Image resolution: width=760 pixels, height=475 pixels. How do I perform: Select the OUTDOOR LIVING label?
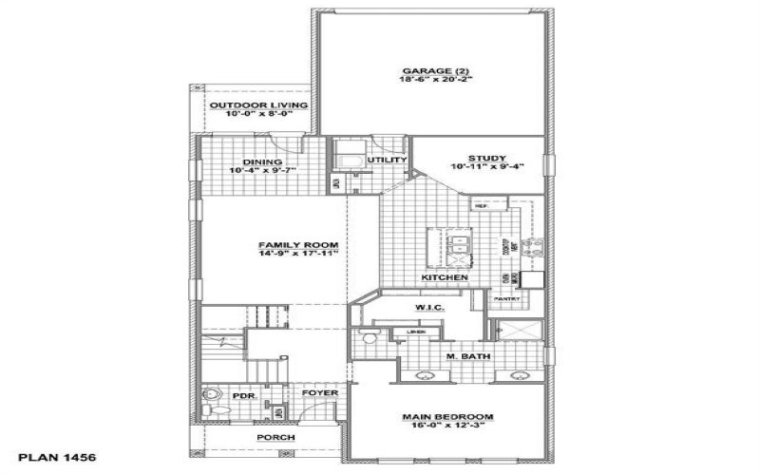point(246,104)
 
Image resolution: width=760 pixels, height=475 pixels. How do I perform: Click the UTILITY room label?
point(392,160)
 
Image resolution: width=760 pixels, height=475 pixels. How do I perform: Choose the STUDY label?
point(485,159)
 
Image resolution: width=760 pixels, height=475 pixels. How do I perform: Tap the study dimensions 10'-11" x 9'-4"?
point(485,168)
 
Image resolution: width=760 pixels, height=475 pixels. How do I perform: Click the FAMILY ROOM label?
point(298,245)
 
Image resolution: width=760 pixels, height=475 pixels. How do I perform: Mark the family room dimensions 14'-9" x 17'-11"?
point(298,255)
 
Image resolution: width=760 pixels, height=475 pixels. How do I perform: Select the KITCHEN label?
point(445,277)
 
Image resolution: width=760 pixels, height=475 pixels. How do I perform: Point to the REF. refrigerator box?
point(481,205)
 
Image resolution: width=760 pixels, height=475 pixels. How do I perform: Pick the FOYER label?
point(316,392)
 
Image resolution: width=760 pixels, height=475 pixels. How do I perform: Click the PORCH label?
point(275,437)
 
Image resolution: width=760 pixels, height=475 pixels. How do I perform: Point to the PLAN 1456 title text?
point(57,457)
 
